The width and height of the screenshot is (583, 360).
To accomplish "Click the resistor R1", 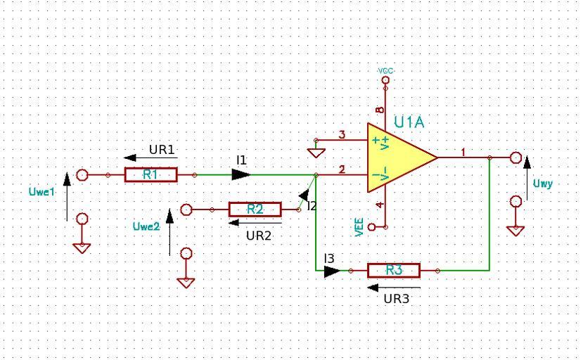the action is [x=150, y=174].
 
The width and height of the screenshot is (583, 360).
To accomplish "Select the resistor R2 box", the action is [x=255, y=210].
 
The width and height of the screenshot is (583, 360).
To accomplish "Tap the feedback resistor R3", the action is [x=394, y=271].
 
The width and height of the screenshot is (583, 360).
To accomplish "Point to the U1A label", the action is [x=409, y=122].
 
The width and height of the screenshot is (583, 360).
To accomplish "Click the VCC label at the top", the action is [x=385, y=70].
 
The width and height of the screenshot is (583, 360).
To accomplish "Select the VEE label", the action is [x=359, y=227].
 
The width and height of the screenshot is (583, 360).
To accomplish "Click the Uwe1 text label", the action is [x=41, y=191].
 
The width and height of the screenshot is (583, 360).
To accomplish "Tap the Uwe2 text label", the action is [x=146, y=226].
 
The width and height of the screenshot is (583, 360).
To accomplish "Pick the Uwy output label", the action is [x=543, y=184].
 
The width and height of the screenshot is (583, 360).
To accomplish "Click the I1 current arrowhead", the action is [x=241, y=174].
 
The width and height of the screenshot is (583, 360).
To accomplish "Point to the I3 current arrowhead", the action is [x=332, y=271].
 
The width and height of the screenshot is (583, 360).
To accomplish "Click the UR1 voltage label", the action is [x=161, y=150].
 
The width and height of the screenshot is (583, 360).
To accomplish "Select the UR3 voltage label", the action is [x=397, y=299].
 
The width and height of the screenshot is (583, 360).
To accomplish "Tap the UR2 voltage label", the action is [x=259, y=236].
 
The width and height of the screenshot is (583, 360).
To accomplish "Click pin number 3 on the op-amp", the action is [x=342, y=134].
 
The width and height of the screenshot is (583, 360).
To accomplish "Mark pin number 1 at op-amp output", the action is [x=463, y=152].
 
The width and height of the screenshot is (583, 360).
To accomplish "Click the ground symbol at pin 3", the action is [x=316, y=153].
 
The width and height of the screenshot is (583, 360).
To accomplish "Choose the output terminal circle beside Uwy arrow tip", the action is [x=515, y=157].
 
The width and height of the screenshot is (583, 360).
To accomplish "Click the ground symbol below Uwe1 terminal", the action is [x=82, y=248].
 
